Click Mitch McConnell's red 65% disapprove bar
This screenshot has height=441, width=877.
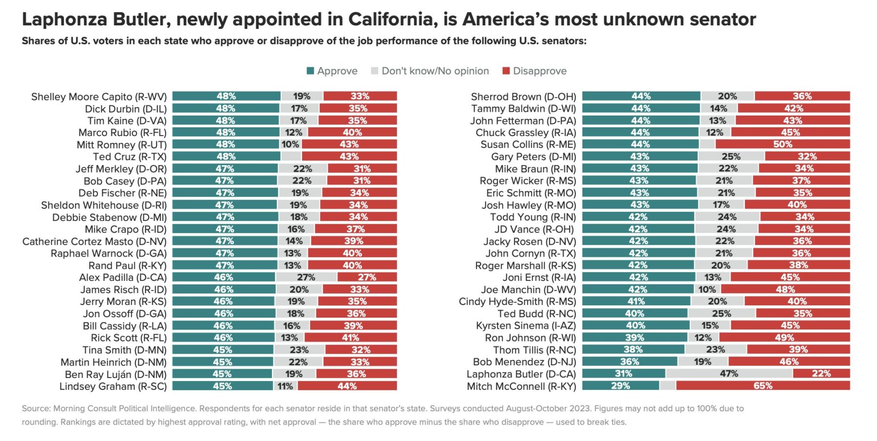click(x=763, y=385)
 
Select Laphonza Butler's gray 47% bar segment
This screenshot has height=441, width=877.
click(x=729, y=374)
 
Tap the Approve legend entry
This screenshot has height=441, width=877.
click(x=332, y=71)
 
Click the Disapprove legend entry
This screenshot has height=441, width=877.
click(x=534, y=71)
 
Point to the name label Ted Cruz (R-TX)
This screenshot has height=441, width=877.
click(x=130, y=157)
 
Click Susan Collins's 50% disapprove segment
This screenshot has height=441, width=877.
click(x=782, y=144)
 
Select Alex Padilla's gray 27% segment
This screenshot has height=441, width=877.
click(x=306, y=277)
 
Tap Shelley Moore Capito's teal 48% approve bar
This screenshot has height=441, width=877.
click(x=226, y=96)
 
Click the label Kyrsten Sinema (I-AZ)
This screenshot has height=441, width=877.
click(x=526, y=325)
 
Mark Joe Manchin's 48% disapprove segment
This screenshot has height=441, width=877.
click(x=785, y=289)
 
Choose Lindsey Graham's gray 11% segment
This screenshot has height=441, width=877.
click(x=285, y=386)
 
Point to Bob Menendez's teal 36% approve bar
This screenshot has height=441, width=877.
click(x=629, y=361)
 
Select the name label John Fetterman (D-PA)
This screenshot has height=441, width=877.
click(x=523, y=120)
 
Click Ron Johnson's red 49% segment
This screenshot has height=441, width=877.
click(x=784, y=338)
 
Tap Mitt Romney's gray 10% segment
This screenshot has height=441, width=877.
click(x=290, y=144)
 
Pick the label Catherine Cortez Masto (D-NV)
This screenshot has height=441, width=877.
click(x=95, y=241)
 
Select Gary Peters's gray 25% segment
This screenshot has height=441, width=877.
click(x=731, y=157)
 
